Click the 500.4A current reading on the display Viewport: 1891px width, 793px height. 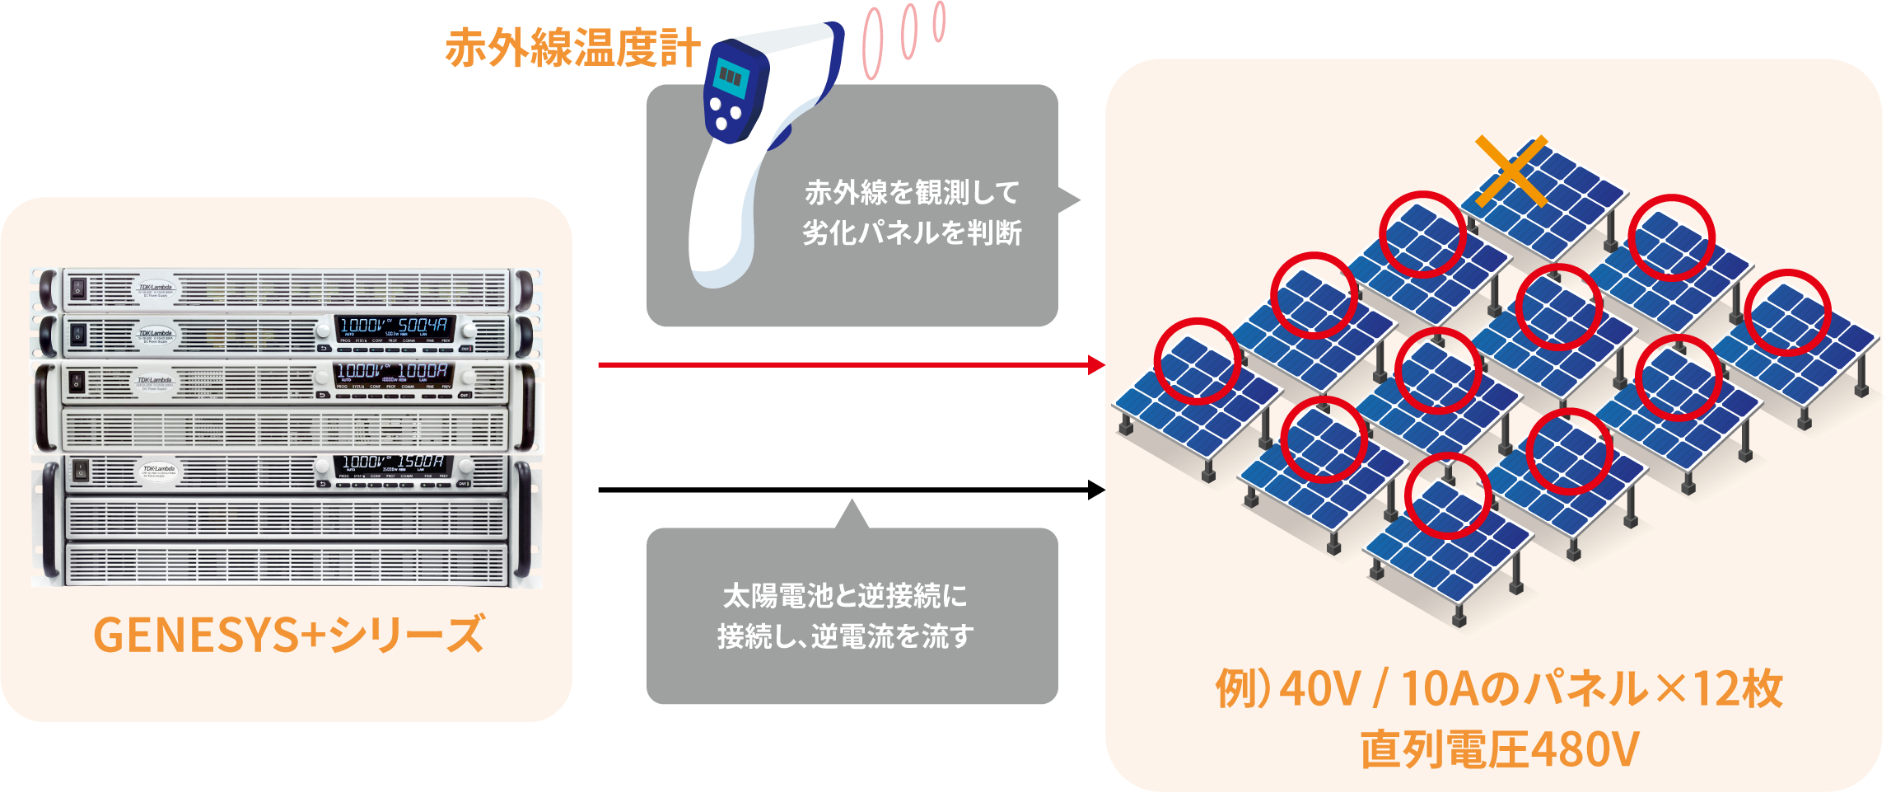(423, 326)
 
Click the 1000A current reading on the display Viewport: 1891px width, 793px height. (423, 371)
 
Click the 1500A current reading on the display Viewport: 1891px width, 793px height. (421, 462)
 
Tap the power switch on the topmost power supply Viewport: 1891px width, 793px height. (77, 288)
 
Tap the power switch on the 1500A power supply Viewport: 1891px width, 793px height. (81, 470)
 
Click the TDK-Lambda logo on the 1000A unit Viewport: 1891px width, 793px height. (155, 380)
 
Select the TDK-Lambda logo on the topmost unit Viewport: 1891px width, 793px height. (155, 288)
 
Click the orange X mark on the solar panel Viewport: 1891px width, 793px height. (1510, 171)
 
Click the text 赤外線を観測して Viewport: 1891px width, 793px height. (912, 193)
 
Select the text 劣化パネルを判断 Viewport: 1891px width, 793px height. (912, 233)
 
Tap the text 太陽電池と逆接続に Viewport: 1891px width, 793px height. (845, 595)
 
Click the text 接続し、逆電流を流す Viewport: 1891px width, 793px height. (845, 636)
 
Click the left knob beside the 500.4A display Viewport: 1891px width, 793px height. (322, 331)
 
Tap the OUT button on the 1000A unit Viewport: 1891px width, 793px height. (465, 396)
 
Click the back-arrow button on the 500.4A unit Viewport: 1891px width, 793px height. (324, 349)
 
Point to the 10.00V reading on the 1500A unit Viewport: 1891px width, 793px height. (363, 462)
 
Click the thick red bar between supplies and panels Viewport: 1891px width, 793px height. (848, 424)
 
